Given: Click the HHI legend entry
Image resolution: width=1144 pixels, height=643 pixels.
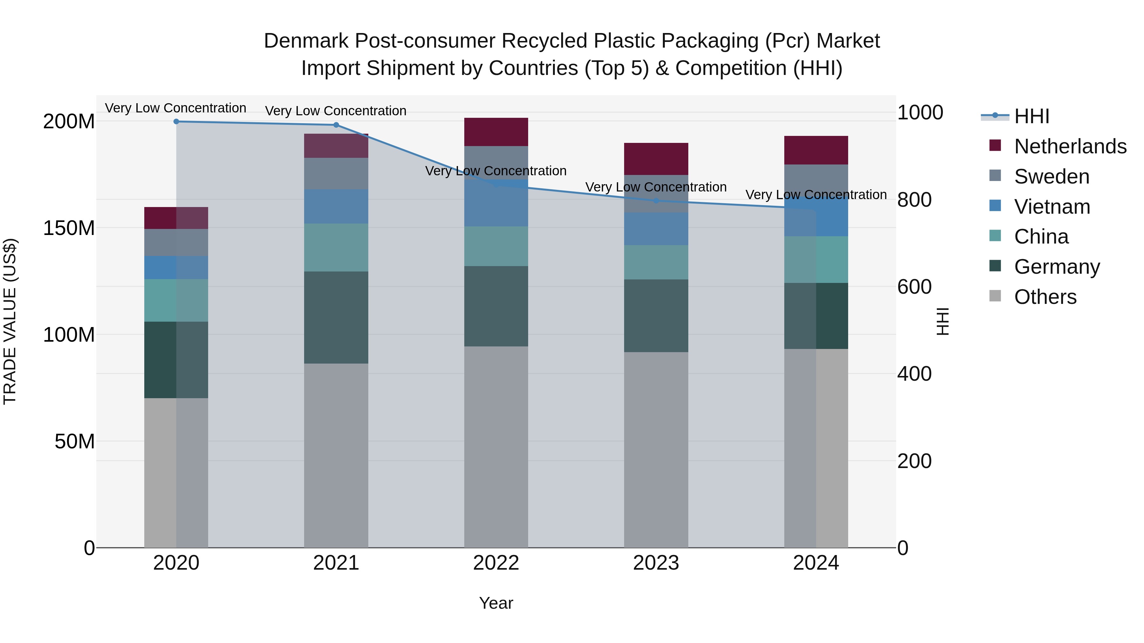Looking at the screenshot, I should coord(1031,116).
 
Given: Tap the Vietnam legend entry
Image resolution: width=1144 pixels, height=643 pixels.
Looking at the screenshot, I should coord(1052,207).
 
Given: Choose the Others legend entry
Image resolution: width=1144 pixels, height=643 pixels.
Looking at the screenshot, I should coord(1045,297).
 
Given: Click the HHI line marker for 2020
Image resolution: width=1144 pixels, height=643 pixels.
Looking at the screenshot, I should coord(176,122).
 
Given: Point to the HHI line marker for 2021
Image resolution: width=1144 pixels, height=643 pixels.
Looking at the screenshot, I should coord(336,125).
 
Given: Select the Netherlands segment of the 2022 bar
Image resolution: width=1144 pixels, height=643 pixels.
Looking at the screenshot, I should coord(496,132).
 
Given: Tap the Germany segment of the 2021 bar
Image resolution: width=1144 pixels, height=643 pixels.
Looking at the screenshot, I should coord(336,318).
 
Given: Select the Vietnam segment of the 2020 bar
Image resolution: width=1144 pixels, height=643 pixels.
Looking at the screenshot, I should coord(176,268).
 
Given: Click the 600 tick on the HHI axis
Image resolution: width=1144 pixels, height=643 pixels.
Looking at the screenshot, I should coord(914,287).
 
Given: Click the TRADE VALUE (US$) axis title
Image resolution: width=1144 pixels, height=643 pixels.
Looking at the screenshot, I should coord(10,321).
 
